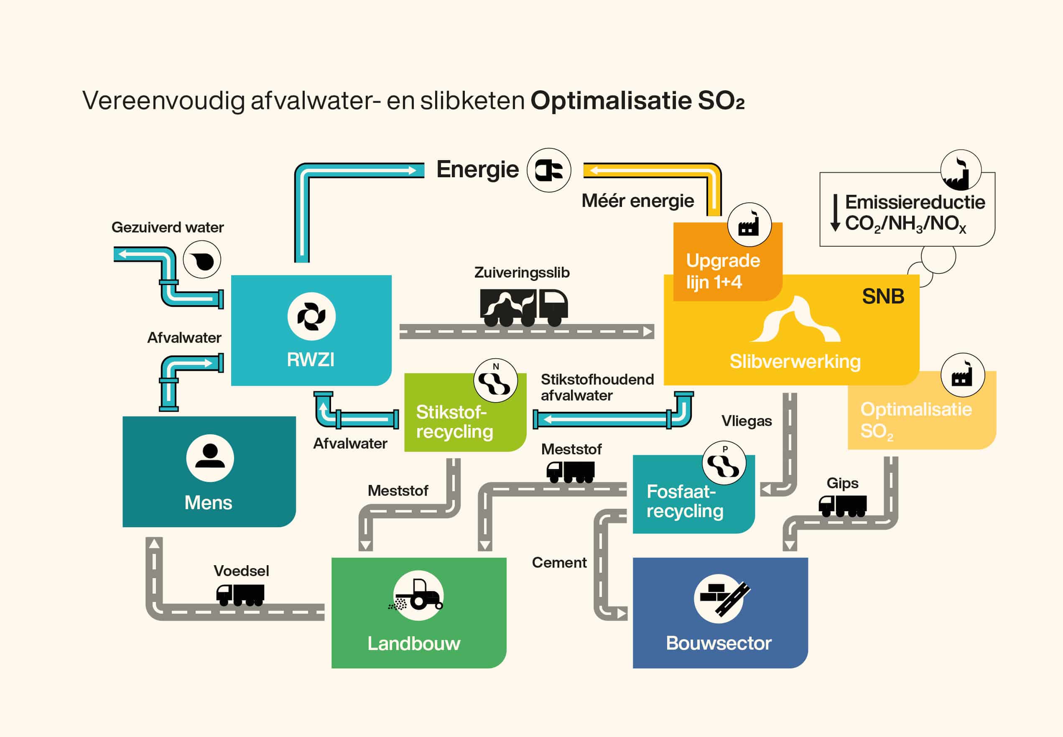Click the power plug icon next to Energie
[548, 171]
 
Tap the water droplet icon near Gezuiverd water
[202, 260]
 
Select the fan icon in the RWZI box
[311, 316]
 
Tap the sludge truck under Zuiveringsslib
[524, 308]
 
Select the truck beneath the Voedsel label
[240, 595]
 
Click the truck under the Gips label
[843, 506]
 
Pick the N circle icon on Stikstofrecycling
[495, 380]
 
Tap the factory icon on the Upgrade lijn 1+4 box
[749, 225]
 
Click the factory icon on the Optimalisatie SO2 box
[963, 375]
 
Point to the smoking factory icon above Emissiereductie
[961, 171]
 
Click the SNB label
[883, 296]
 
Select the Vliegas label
[747, 421]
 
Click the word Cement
[559, 562]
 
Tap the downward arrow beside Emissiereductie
[835, 213]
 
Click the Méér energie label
[638, 200]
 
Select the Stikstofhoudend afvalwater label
[597, 388]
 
